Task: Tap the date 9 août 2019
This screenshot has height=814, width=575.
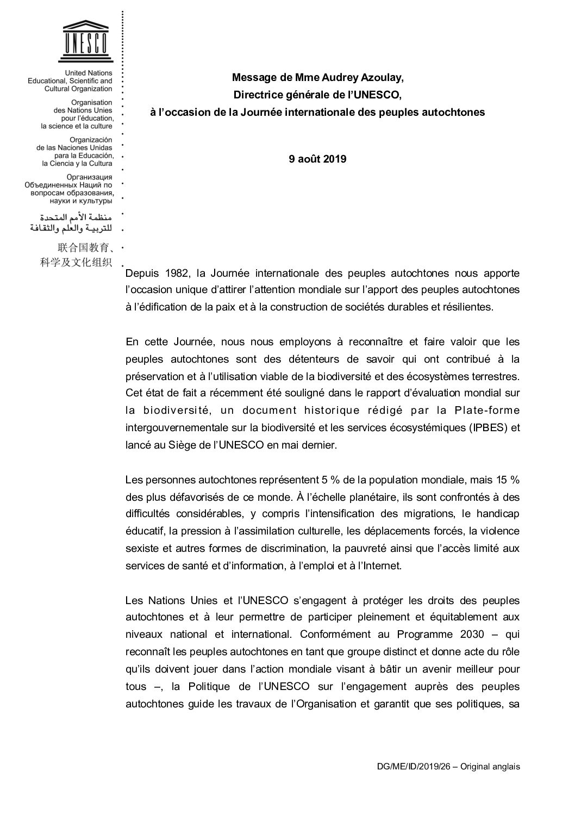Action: pos(317,159)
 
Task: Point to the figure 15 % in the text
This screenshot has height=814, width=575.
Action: pos(507,480)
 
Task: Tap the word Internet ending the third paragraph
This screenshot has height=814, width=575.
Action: pos(383,566)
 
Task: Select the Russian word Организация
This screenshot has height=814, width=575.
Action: pos(89,177)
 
